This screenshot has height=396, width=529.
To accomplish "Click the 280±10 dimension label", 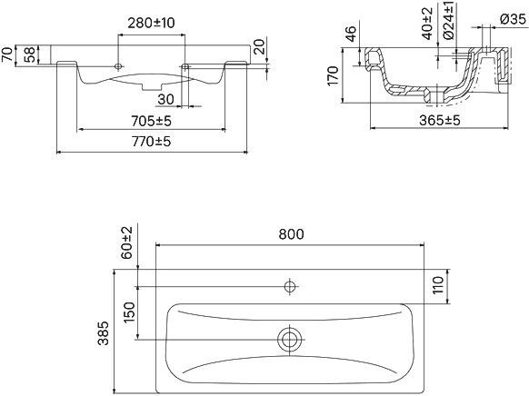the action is (151, 23).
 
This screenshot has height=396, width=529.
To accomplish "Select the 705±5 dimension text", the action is (151, 121).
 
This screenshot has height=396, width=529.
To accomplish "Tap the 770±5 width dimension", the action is (151, 142).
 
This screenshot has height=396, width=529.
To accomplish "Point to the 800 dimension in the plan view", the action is (291, 234).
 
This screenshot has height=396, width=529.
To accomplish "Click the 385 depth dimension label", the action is (104, 333).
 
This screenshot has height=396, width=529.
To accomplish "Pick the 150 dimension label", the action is (129, 312).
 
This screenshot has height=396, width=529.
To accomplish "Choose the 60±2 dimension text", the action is (127, 243).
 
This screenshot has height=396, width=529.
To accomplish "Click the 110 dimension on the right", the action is (438, 285).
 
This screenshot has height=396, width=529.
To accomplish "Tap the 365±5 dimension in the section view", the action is (440, 120).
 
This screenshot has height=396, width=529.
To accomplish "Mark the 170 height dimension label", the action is (333, 75).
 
